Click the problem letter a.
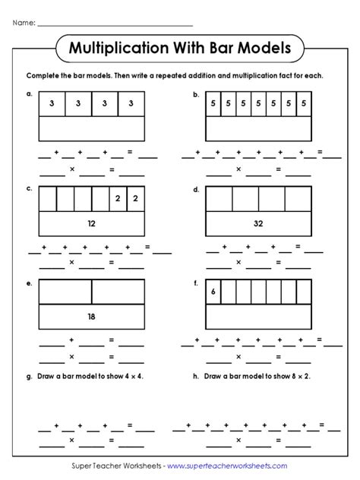29,95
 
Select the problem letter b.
196,95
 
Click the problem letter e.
29,283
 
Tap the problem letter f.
196,283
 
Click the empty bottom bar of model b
257,130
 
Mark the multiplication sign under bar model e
71,355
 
